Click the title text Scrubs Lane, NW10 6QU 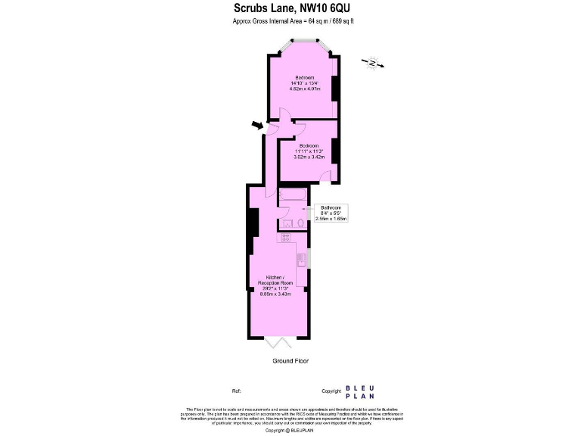tap(291, 8)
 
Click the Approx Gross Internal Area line tap(291, 21)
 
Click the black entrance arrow tap(258, 124)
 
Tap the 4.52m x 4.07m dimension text tap(305, 89)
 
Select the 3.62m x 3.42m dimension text tap(309, 157)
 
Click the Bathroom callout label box tap(331, 212)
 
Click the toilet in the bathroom tap(300, 223)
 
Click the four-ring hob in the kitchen tap(287, 238)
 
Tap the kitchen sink tap(302, 259)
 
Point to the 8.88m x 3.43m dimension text tap(277, 294)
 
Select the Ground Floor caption tap(290, 361)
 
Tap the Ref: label tap(237, 391)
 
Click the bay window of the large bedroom tap(305, 44)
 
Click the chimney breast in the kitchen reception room tap(253, 223)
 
